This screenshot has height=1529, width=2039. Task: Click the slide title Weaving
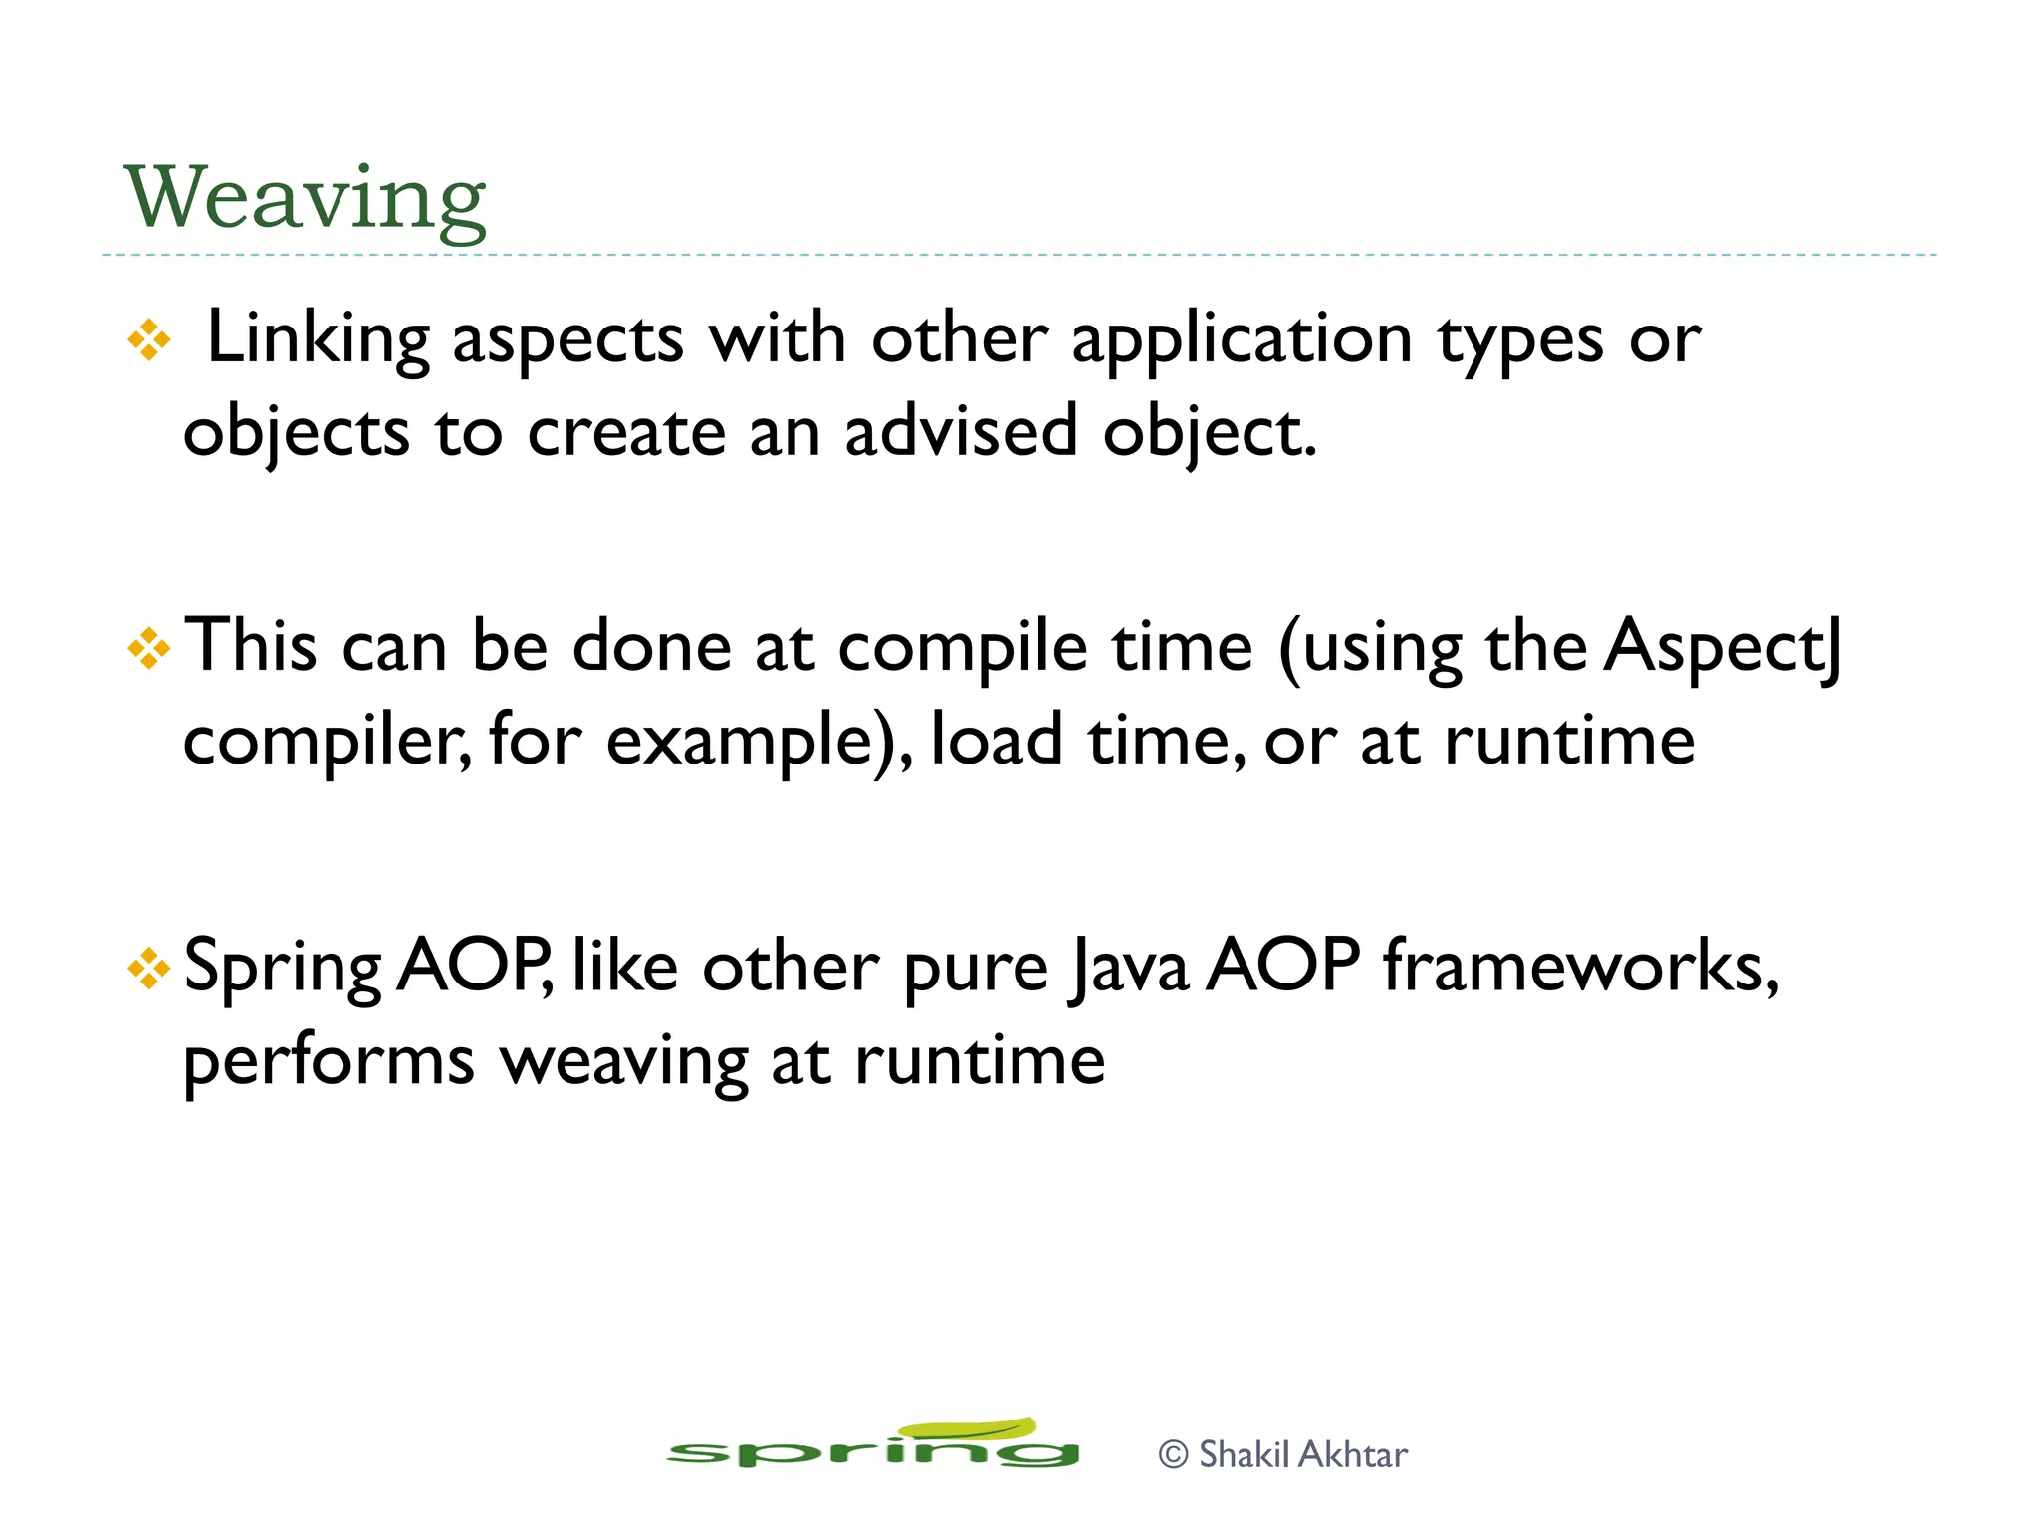305,199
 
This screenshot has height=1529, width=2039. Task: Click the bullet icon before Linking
149,340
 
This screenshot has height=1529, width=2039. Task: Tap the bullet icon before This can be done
149,649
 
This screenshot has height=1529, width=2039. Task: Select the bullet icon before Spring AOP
149,969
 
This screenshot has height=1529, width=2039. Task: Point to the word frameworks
1580,966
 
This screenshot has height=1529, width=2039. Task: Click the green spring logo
873,1445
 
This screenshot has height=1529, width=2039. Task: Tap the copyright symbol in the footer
1174,1455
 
